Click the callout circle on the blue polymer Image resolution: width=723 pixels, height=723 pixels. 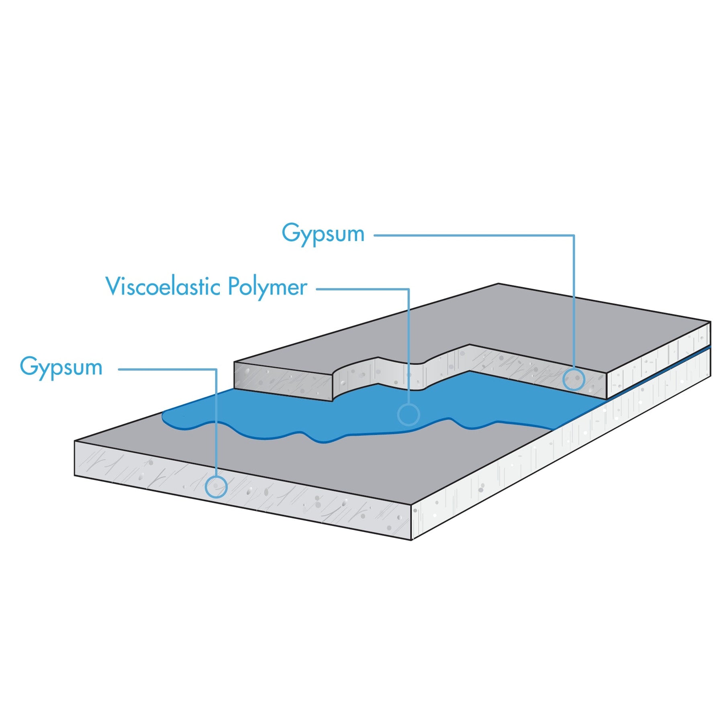click(408, 414)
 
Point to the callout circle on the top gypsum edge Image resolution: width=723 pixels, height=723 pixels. click(574, 379)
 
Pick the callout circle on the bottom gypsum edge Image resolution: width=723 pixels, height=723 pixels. click(216, 487)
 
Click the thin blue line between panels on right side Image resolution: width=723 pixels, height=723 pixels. click(659, 369)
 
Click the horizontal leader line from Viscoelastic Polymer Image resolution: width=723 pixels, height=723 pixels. click(361, 289)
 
